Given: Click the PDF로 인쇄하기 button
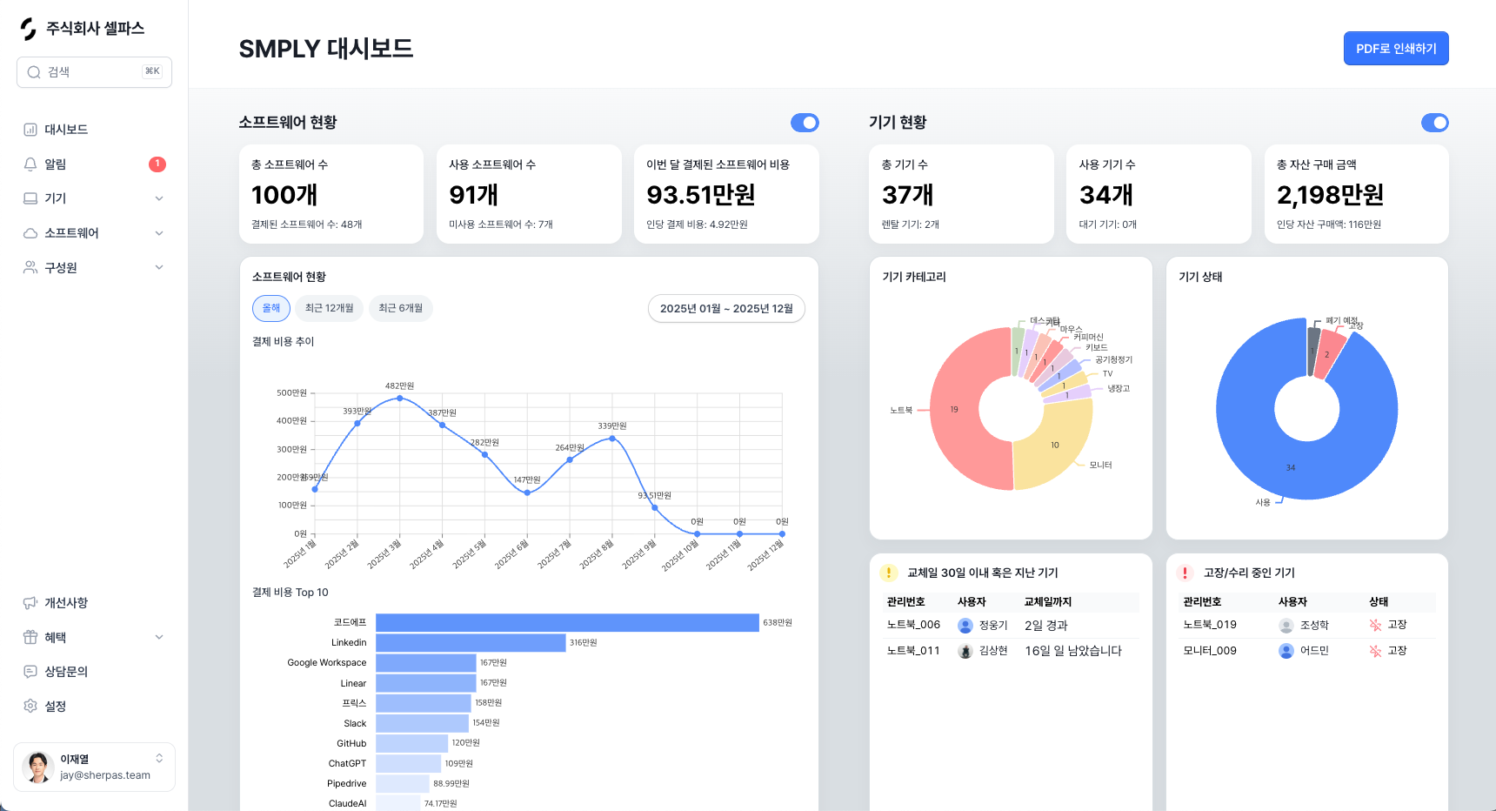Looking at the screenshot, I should [x=1395, y=49].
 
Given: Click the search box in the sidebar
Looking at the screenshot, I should [x=94, y=72].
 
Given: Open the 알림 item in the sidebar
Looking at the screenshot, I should [x=56, y=164].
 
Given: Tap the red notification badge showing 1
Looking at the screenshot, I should [x=157, y=164].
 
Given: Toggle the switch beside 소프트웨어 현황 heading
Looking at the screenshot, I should [x=805, y=123].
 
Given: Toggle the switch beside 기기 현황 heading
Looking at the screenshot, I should [x=1434, y=123].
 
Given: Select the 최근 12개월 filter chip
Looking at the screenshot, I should [x=329, y=308].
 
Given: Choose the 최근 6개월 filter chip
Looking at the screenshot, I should [x=400, y=308].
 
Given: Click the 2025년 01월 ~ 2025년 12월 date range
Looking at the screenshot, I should [x=726, y=309].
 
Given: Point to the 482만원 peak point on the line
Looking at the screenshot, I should [x=400, y=398].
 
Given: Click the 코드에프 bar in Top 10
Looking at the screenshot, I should [x=567, y=623].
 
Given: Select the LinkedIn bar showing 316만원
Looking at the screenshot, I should [x=471, y=643].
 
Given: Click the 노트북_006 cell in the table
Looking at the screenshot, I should [x=913, y=625].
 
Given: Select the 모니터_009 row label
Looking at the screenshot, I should [x=1210, y=651].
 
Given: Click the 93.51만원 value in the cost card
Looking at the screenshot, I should [x=701, y=195].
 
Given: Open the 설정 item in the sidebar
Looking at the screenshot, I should [x=56, y=707].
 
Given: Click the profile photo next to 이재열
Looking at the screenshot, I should [x=37, y=767].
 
